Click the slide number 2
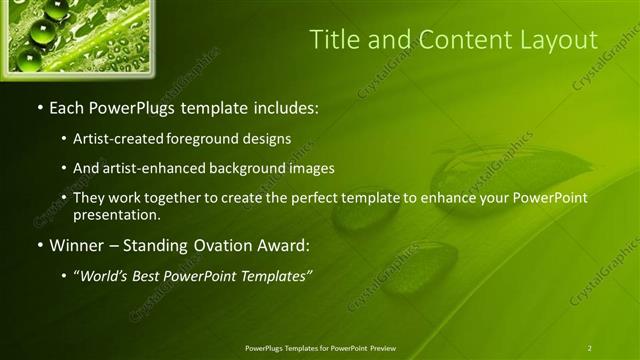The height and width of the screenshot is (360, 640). pyautogui.click(x=589, y=347)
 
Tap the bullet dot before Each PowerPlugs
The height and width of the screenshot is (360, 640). pyautogui.click(x=39, y=106)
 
